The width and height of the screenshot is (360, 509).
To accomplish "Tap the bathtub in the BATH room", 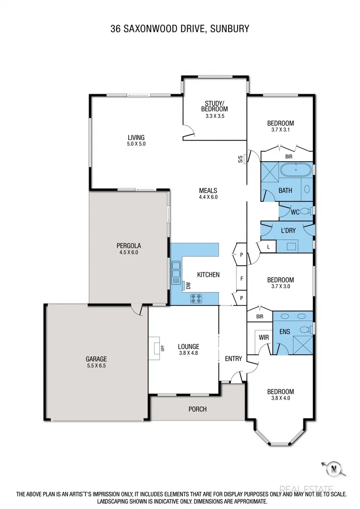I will point(296,170).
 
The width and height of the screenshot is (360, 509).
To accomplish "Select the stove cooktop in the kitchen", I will point(196,297).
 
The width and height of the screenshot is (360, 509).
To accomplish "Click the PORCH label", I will point(197,409).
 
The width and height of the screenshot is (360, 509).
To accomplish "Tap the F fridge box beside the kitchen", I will point(241,278).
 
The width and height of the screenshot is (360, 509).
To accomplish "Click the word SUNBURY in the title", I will point(232,29).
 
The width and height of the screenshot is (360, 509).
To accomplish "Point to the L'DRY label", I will point(288,230).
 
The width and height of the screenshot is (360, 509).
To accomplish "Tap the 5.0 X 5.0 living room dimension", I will point(136,143).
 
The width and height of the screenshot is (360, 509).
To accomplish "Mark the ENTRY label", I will point(233,358).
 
